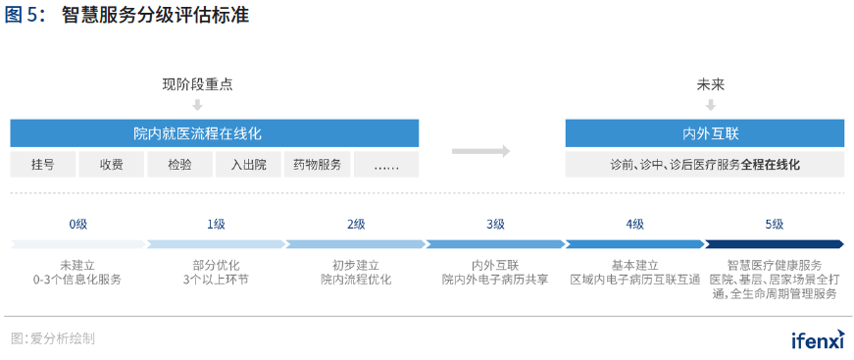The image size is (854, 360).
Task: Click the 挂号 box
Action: (x=42, y=165)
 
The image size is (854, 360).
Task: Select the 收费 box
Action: (x=111, y=165)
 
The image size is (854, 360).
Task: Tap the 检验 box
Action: (x=179, y=165)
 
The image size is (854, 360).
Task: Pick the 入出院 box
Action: (x=248, y=165)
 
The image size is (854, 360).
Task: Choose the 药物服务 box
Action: (x=317, y=165)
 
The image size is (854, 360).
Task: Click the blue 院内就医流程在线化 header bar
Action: (x=215, y=133)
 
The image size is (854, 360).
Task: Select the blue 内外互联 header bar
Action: (x=704, y=133)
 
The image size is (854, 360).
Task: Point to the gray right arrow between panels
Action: (x=481, y=151)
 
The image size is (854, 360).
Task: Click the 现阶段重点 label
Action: (x=197, y=85)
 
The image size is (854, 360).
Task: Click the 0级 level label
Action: (x=78, y=225)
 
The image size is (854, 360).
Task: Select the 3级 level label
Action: (x=495, y=225)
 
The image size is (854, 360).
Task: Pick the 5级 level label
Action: (x=774, y=225)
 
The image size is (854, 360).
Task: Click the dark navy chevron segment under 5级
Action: (x=774, y=244)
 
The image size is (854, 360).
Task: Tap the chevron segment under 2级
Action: (x=356, y=244)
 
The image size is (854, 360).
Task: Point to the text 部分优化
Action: (x=216, y=265)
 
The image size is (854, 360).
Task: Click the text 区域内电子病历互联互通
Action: (x=634, y=280)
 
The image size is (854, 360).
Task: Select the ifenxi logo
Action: (x=817, y=339)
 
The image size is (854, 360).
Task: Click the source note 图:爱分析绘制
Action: (x=53, y=339)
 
